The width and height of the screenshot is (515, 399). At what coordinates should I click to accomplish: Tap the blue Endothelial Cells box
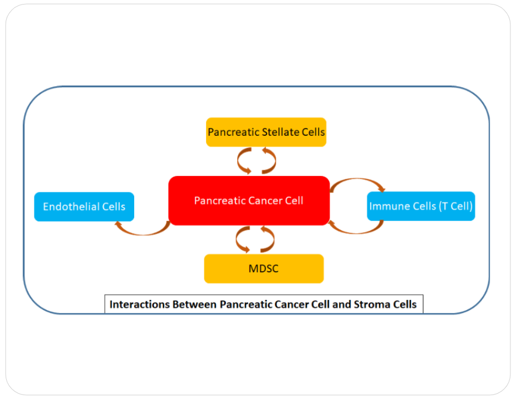tap(84, 207)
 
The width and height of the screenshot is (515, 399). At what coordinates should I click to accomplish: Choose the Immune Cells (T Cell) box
tap(420, 206)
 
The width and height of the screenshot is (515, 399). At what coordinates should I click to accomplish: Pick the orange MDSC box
tap(264, 269)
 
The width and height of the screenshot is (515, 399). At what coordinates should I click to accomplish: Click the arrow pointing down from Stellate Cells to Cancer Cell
tap(242, 161)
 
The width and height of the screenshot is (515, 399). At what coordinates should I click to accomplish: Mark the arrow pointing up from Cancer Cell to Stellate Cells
tap(271, 161)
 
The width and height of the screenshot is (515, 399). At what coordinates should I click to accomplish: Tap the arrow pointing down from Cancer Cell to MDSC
tap(241, 240)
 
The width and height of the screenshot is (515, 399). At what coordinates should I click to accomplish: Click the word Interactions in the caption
tap(137, 304)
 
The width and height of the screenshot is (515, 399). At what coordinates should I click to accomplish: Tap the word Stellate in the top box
tap(281, 132)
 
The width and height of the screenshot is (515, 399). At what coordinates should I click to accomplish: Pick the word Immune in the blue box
tap(389, 206)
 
